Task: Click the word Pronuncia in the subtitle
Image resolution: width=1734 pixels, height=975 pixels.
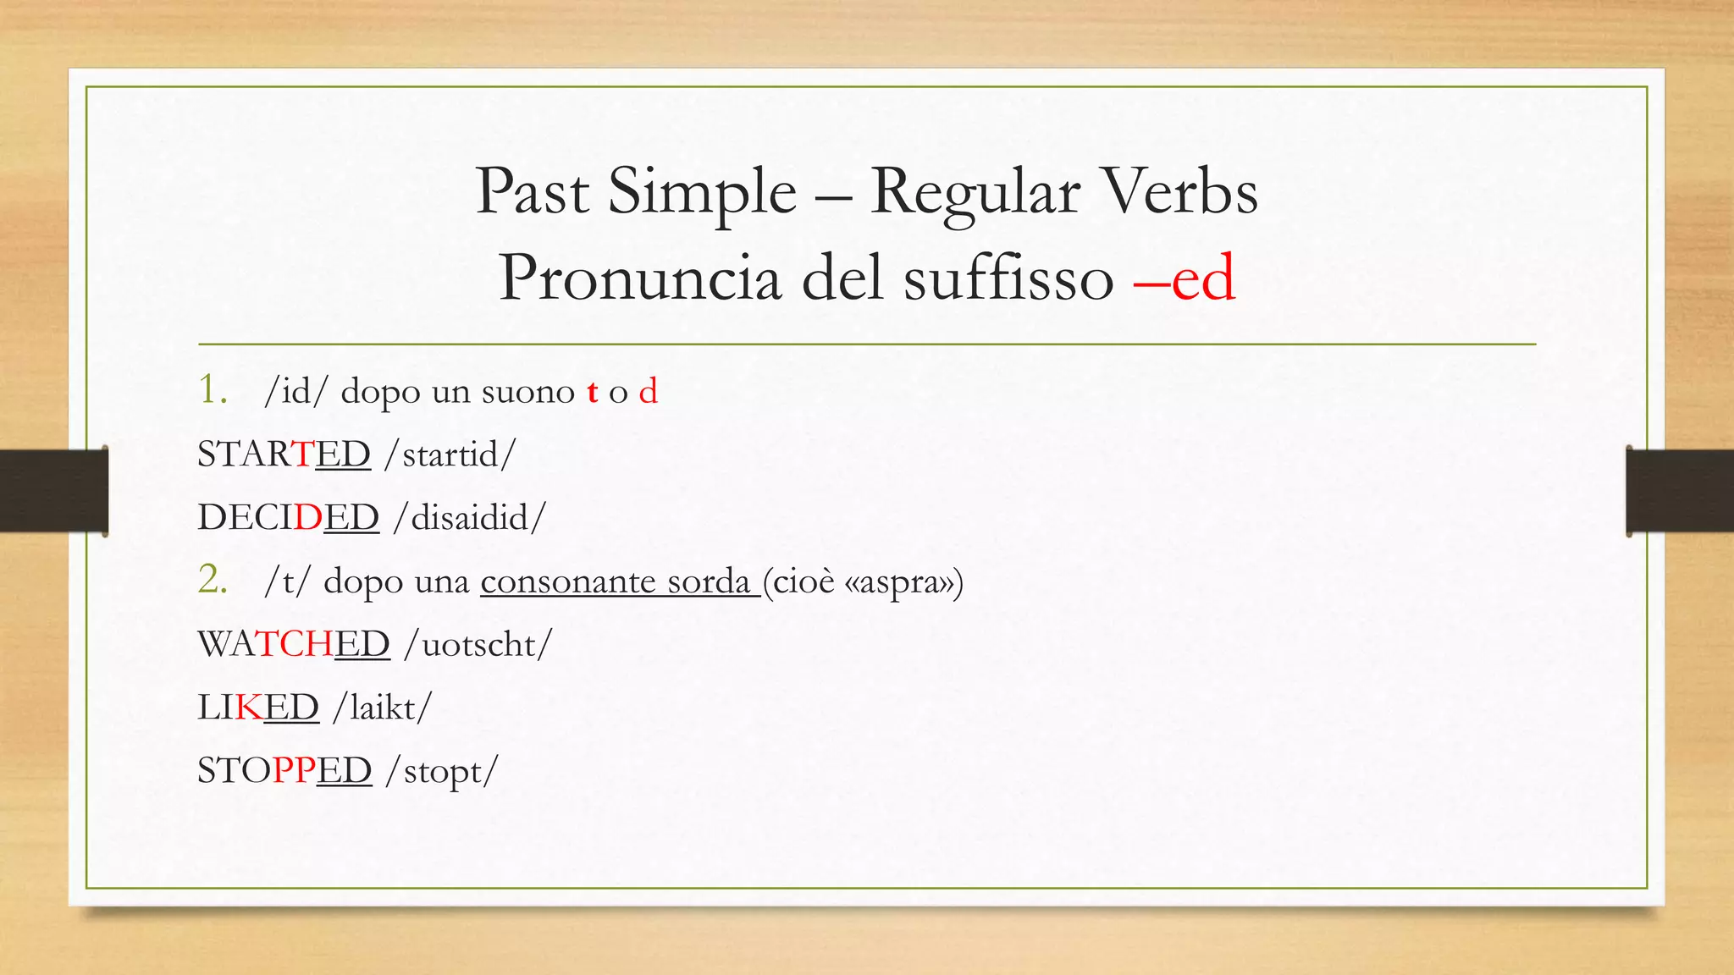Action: click(639, 279)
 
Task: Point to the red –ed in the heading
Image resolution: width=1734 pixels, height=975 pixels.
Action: click(1185, 279)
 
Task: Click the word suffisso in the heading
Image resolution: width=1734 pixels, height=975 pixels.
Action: click(1008, 279)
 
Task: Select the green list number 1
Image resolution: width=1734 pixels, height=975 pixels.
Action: click(212, 390)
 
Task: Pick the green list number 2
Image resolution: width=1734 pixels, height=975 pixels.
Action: click(213, 581)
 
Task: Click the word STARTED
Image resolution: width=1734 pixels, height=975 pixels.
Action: click(284, 454)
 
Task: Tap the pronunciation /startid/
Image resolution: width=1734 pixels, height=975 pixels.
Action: click(450, 455)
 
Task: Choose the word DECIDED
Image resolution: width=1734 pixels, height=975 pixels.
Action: click(288, 517)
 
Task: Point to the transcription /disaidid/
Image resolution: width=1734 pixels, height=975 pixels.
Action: click(470, 518)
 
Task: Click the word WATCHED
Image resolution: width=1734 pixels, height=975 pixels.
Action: click(293, 644)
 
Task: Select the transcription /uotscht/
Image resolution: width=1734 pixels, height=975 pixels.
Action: click(478, 645)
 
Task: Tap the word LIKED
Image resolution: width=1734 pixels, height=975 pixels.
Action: click(257, 708)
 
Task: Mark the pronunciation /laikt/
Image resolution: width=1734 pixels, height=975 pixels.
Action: click(383, 708)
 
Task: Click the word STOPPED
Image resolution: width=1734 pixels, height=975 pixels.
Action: click(284, 770)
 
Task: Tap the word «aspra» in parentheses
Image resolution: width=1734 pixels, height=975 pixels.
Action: click(899, 582)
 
